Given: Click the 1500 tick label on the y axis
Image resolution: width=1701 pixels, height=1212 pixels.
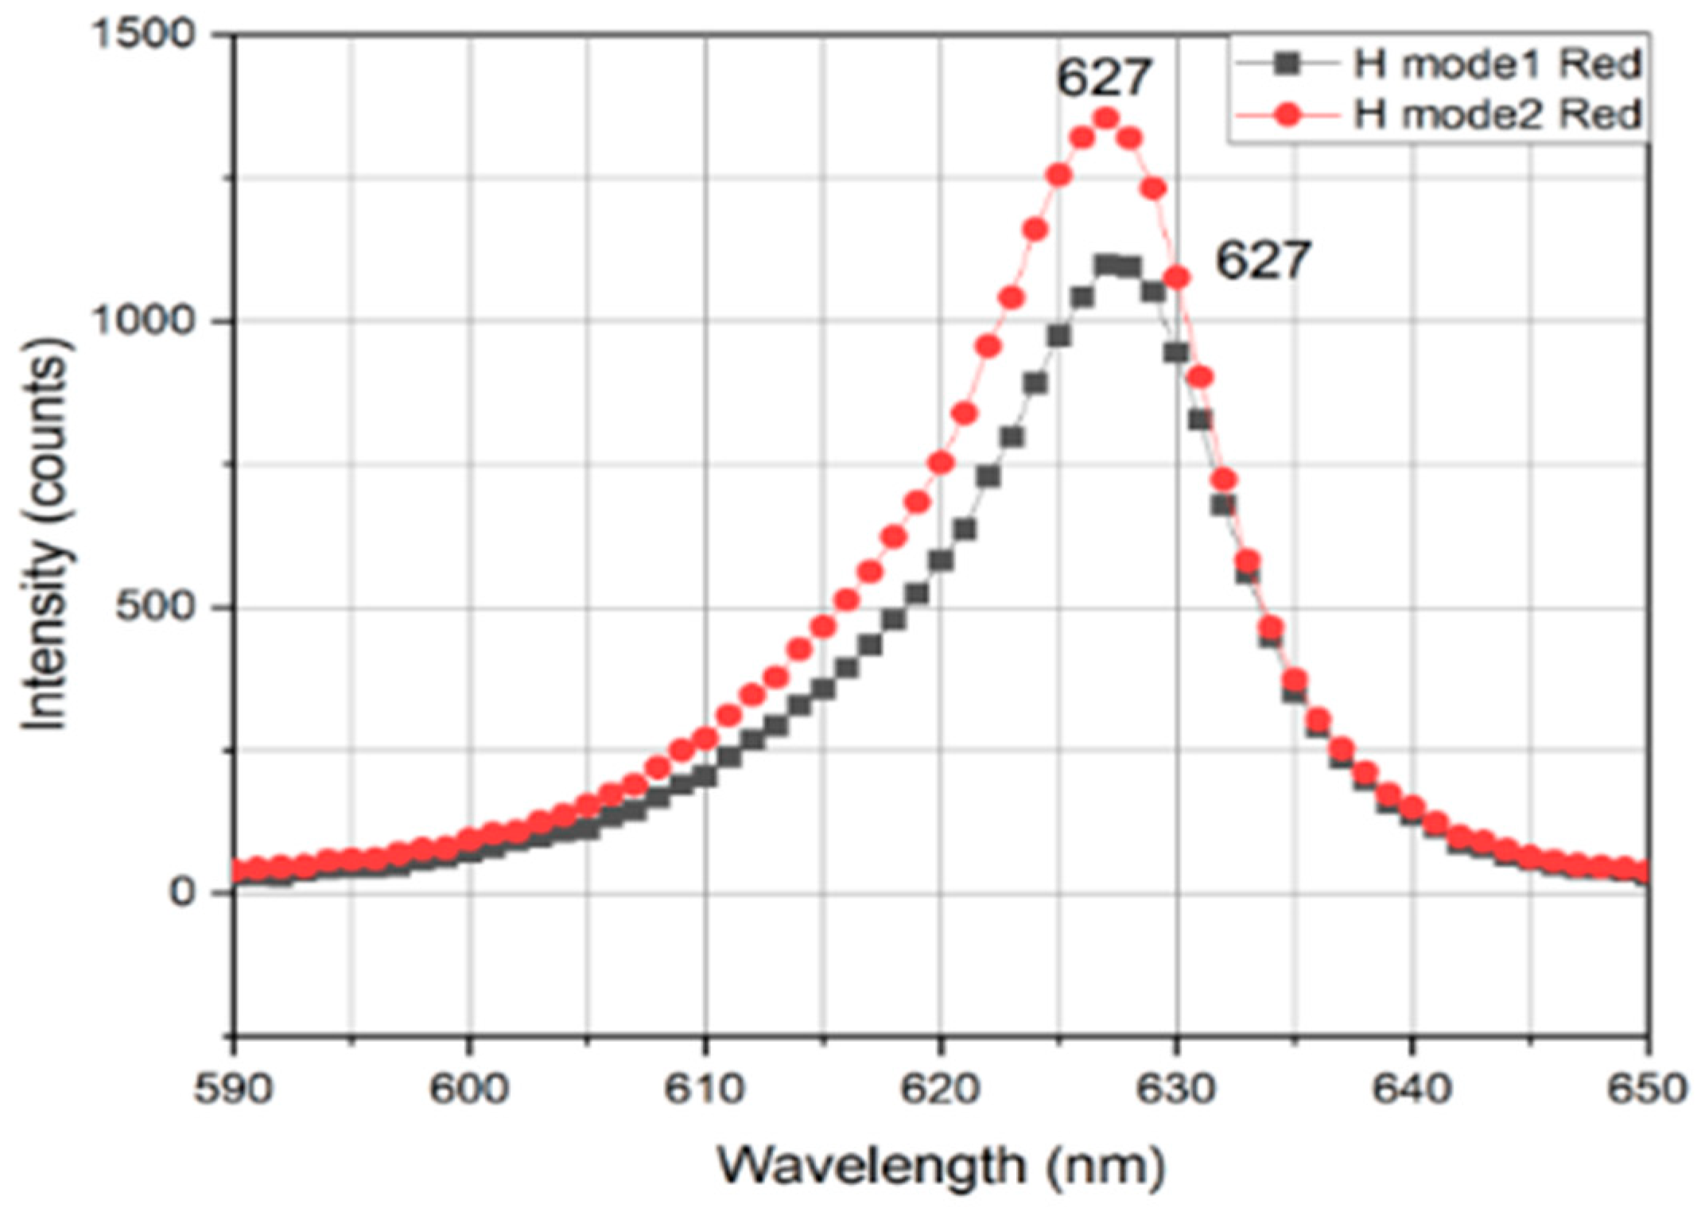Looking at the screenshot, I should [x=151, y=35].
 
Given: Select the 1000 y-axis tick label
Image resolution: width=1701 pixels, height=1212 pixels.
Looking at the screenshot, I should [x=151, y=321].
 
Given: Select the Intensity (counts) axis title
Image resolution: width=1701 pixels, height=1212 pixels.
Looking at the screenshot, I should [x=45, y=533].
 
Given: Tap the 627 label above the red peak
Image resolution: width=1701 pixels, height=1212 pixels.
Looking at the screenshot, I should [x=1104, y=77].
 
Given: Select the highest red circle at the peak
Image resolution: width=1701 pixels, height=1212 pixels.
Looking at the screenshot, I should [x=1105, y=119].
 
